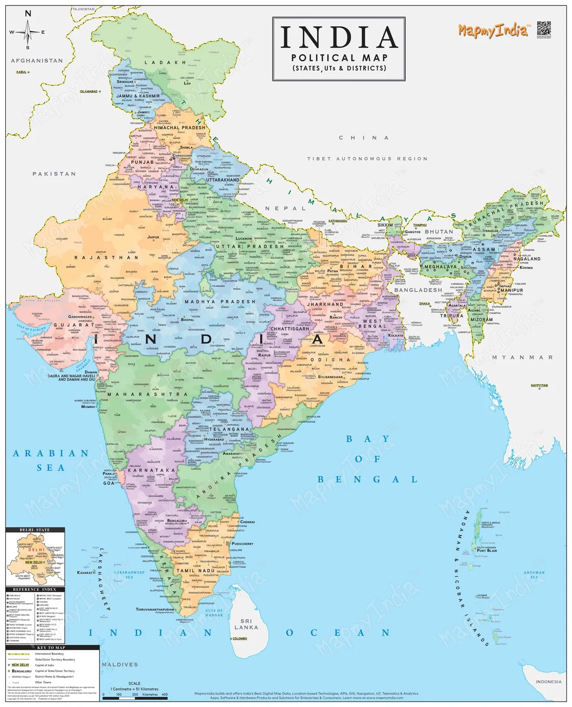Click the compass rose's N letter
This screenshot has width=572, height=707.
click(28, 14)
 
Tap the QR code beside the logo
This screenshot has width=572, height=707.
click(543, 29)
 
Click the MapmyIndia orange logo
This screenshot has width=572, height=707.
click(493, 31)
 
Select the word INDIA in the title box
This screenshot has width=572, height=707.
click(339, 37)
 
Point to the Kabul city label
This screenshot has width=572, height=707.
click(21, 72)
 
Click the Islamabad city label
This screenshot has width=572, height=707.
click(89, 91)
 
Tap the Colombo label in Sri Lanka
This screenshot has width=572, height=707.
click(240, 639)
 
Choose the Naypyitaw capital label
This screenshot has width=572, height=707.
click(539, 386)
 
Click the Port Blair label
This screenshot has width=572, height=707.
click(487, 550)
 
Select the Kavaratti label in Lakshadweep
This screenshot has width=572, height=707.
click(86, 572)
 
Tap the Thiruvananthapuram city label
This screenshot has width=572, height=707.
click(155, 609)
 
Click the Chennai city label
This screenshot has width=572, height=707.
click(247, 522)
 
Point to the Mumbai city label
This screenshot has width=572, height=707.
click(88, 407)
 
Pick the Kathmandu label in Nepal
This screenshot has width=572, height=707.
click(338, 221)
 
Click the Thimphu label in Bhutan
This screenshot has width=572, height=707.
click(420, 225)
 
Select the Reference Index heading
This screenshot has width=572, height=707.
click(35, 589)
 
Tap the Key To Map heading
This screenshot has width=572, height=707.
click(51, 647)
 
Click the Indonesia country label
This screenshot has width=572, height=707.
click(548, 682)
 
